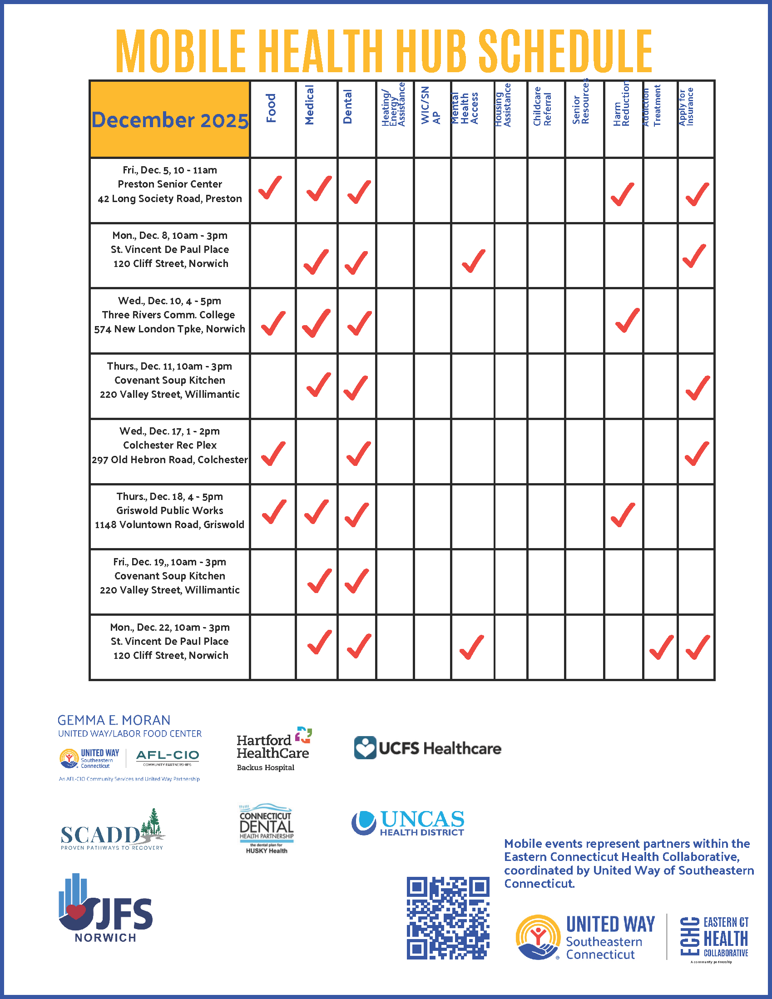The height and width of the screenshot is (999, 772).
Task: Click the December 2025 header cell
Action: point(170,119)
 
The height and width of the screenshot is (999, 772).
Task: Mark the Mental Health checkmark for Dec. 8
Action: point(474,261)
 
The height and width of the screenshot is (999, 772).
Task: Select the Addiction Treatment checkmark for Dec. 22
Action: point(661,647)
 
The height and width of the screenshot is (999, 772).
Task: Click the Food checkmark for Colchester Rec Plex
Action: point(273,453)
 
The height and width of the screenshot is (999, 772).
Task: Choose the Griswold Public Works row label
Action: point(170,510)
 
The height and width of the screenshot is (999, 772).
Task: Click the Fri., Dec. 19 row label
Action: point(170,576)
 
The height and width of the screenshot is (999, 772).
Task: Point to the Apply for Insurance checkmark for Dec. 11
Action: point(698,387)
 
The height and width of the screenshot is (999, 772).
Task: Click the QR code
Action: point(448,918)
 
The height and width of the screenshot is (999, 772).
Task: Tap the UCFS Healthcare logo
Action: point(428,748)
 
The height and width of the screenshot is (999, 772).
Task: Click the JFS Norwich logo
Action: point(106,909)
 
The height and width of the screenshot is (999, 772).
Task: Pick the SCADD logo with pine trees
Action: point(113,831)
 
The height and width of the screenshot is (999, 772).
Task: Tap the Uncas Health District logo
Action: point(408,823)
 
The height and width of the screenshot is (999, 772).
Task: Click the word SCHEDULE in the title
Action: point(565,51)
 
